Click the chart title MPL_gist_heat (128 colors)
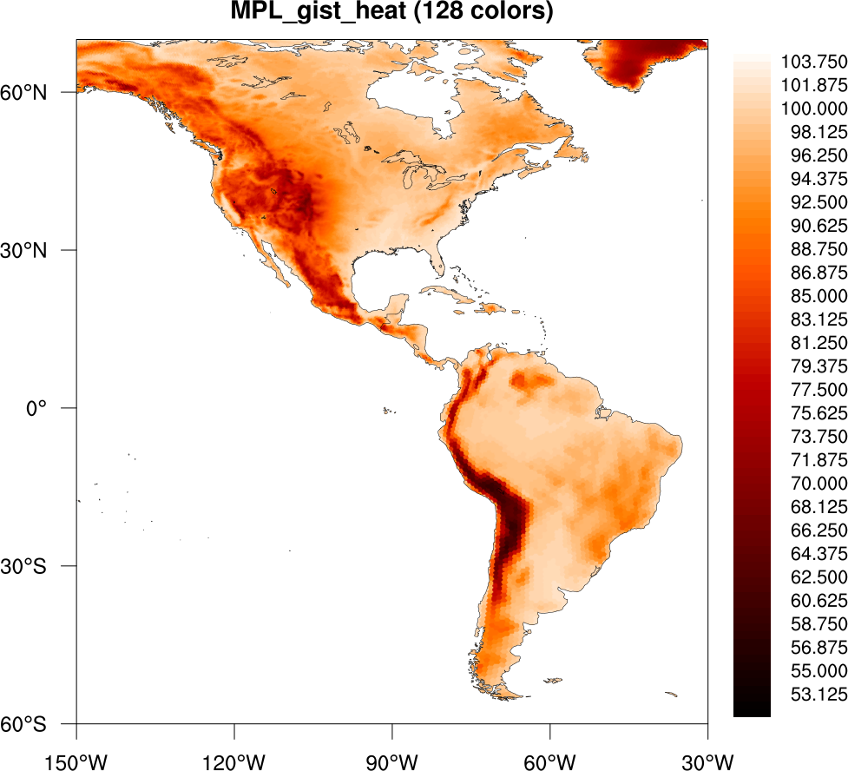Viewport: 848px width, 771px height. point(391,13)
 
